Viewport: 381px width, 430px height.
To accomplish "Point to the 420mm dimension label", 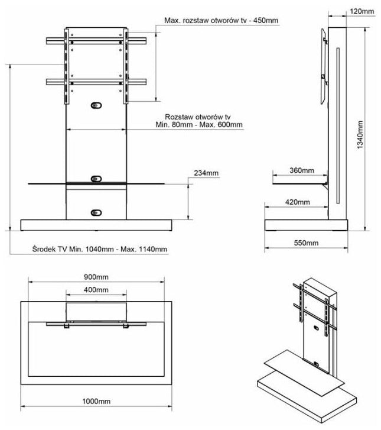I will pos(297,202).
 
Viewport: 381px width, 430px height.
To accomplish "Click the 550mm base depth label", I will pos(305,243).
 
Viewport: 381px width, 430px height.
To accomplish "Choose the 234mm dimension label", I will pos(206,173).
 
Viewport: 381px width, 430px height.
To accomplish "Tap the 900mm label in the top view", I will pos(96,277).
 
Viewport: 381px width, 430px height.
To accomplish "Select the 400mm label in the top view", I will pos(96,290).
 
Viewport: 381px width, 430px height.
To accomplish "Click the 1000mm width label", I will pos(96,401).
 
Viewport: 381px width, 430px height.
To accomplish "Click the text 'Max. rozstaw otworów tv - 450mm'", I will pos(222,21).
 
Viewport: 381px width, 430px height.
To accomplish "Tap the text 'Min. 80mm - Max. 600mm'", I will pos(199,125).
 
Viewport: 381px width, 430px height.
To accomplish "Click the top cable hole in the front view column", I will pos(96,105).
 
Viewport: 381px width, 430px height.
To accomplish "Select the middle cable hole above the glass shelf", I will pos(96,178).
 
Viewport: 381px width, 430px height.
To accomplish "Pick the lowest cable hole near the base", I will pos(96,212).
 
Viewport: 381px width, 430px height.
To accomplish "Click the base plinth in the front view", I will pos(96,225).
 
